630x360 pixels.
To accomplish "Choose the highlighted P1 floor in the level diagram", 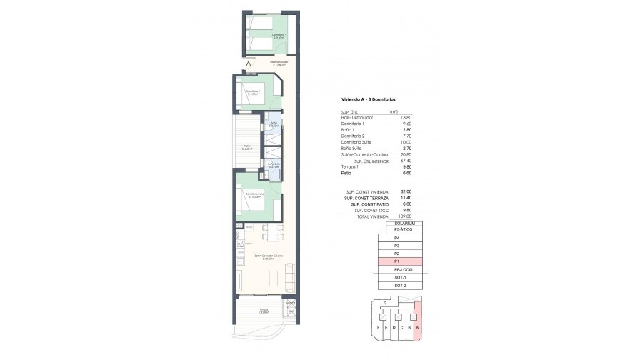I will point(396,261).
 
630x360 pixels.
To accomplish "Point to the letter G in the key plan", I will point(385,303).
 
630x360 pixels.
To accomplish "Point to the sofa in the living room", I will point(290,276).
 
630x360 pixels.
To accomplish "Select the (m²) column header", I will point(392,111).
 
